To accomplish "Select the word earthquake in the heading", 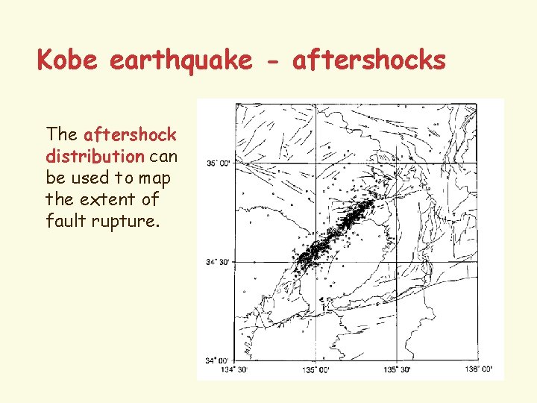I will point(180,60).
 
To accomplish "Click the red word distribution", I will point(95,157).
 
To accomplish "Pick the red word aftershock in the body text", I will point(131,135).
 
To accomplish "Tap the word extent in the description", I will point(108,200).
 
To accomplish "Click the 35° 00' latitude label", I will point(219,163).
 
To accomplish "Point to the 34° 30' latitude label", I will point(219,262).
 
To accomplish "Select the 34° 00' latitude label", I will point(219,360).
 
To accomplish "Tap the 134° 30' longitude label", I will point(236,369).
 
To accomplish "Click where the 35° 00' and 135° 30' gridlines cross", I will point(397,163).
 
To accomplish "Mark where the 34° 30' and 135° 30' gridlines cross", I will point(397,261).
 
